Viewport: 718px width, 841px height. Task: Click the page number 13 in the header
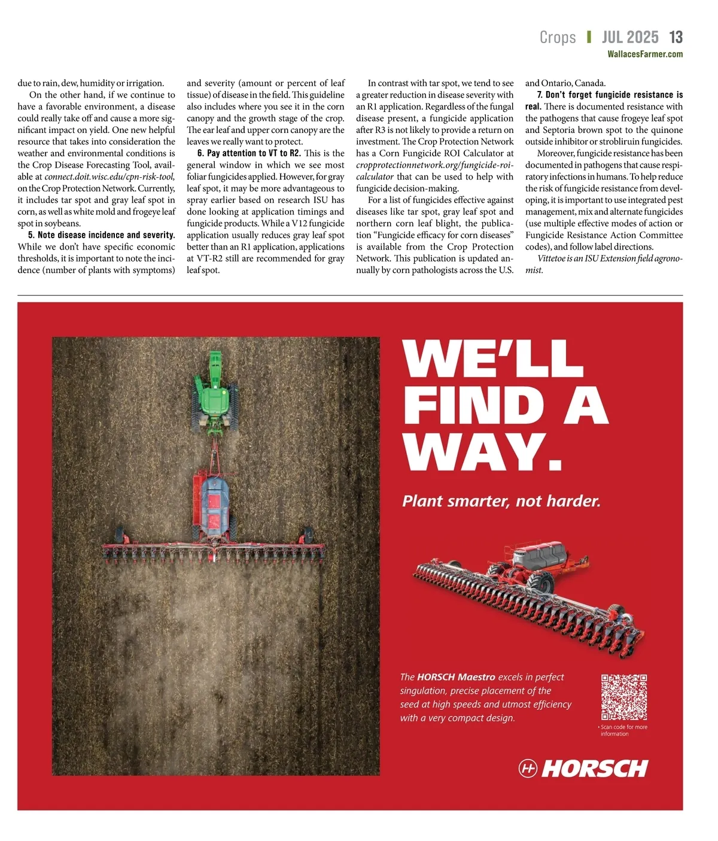pyautogui.click(x=676, y=37)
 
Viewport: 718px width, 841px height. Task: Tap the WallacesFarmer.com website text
pyautogui.click(x=645, y=54)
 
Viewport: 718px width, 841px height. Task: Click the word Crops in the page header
pyautogui.click(x=558, y=37)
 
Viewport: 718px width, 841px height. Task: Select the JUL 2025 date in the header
pyautogui.click(x=629, y=37)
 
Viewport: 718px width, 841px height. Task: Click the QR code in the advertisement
pyautogui.click(x=624, y=697)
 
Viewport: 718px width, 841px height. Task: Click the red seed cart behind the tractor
pyautogui.click(x=214, y=503)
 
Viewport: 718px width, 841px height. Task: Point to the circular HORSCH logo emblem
pyautogui.click(x=528, y=769)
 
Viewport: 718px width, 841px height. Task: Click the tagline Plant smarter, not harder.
pyautogui.click(x=501, y=501)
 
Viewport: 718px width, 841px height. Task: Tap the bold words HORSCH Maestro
pyautogui.click(x=456, y=677)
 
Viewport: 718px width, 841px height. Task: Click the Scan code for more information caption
pyautogui.click(x=623, y=730)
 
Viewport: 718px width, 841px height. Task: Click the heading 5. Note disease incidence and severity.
pyautogui.click(x=101, y=235)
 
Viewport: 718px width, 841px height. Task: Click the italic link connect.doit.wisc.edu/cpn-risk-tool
pyautogui.click(x=109, y=177)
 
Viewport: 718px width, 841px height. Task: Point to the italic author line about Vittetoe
pyautogui.click(x=604, y=264)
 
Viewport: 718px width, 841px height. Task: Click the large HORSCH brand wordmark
pyautogui.click(x=595, y=769)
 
